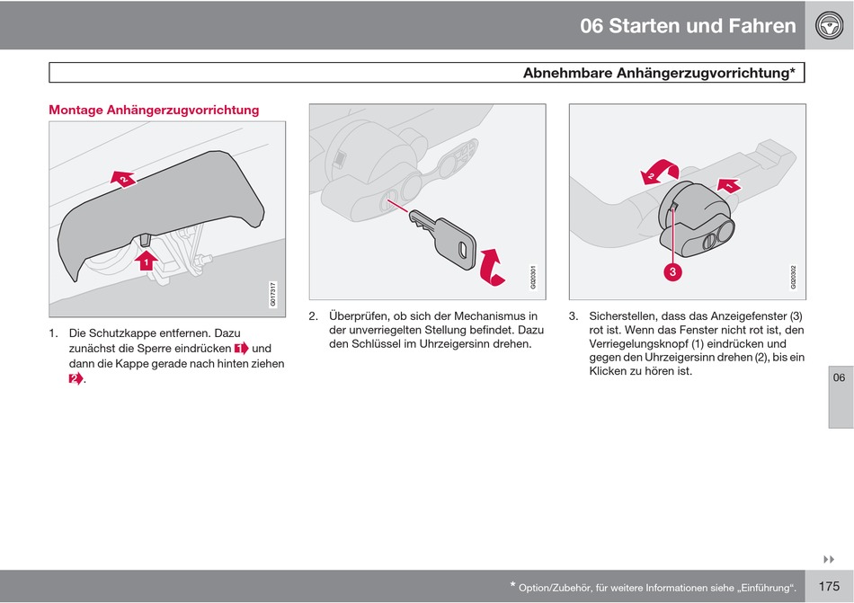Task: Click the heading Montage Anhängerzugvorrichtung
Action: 154,110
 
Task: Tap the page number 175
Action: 829,586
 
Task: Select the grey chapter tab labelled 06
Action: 839,377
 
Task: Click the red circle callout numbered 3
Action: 672,271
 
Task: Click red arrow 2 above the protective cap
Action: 123,180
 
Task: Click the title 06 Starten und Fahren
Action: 688,25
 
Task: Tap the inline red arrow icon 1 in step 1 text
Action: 241,348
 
